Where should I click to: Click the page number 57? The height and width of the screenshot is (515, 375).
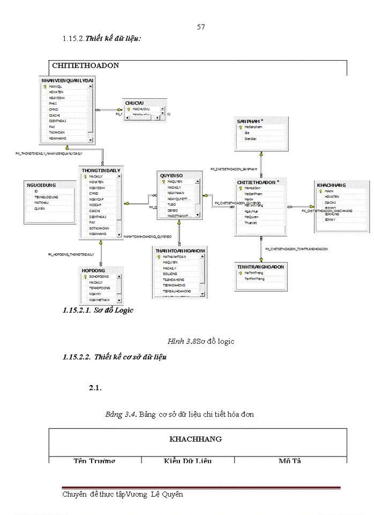click(x=201, y=27)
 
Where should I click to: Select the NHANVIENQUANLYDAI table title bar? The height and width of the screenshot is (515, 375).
click(x=67, y=80)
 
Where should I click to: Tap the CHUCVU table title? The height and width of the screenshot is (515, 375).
click(x=134, y=102)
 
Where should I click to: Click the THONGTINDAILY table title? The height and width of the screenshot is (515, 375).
click(x=101, y=170)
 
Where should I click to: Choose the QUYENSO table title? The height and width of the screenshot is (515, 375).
click(x=171, y=175)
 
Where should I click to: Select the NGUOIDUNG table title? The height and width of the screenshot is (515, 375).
click(x=41, y=185)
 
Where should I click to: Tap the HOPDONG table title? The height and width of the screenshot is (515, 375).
click(x=94, y=270)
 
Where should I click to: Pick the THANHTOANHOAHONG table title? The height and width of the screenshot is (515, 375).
click(x=180, y=251)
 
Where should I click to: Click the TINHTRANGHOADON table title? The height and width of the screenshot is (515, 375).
click(x=261, y=267)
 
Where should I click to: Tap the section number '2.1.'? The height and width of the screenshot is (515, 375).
click(x=95, y=388)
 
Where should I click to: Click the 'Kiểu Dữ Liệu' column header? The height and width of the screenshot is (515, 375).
click(x=187, y=461)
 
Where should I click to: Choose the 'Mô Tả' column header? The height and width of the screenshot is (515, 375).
click(x=291, y=461)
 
